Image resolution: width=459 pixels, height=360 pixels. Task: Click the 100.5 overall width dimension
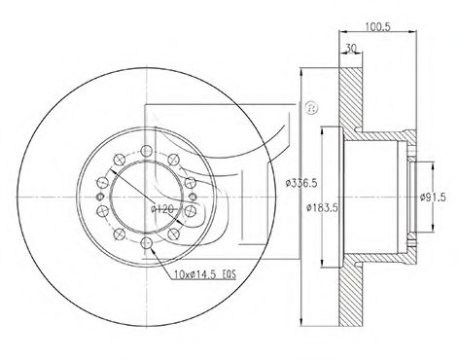point(378,26)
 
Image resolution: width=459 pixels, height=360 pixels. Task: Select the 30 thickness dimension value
point(350,48)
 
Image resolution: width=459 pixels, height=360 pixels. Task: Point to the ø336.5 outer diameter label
point(301,184)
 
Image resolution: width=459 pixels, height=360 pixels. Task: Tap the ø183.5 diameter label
point(323,207)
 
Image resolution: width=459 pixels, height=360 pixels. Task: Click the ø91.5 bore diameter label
point(433,197)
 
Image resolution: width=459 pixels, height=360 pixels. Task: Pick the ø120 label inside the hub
point(162,209)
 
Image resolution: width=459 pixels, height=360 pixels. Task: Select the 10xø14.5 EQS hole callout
point(205,275)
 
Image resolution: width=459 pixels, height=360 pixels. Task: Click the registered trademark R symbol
point(311,108)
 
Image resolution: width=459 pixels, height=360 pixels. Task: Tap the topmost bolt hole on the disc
point(147,151)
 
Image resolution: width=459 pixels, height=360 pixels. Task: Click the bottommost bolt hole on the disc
point(147,242)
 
